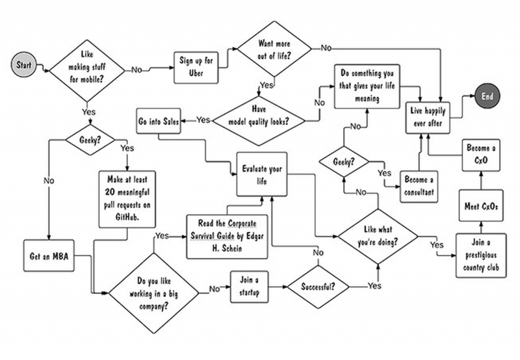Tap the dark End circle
click(x=487, y=96)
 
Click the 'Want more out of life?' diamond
click(x=274, y=51)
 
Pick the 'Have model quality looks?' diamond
click(x=259, y=117)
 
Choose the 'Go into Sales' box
click(x=159, y=121)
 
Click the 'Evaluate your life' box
click(x=259, y=172)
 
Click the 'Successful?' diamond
click(x=317, y=285)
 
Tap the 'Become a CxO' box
click(x=480, y=154)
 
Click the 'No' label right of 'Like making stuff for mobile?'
click(x=138, y=68)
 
